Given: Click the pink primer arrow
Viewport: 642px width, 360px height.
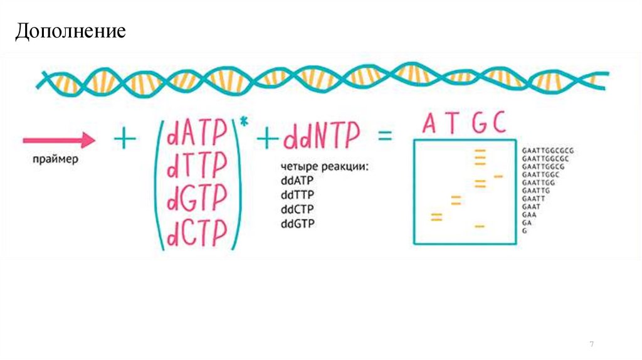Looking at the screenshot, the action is pyautogui.click(x=59, y=140).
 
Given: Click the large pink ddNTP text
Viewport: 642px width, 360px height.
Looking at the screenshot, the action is pyautogui.click(x=322, y=137).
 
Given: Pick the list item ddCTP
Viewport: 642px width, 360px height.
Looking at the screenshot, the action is pyautogui.click(x=297, y=209).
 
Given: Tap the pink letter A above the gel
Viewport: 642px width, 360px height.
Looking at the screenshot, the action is pyautogui.click(x=429, y=124).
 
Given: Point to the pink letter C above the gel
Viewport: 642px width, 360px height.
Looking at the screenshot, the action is pyautogui.click(x=498, y=124).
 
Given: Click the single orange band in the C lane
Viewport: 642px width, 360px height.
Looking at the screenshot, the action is pyautogui.click(x=498, y=176).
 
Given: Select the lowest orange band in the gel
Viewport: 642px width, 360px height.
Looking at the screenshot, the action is pyautogui.click(x=480, y=225).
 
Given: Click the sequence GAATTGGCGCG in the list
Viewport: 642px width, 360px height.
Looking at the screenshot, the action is pyautogui.click(x=547, y=151).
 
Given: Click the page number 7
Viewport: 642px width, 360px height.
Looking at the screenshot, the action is pyautogui.click(x=592, y=344).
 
